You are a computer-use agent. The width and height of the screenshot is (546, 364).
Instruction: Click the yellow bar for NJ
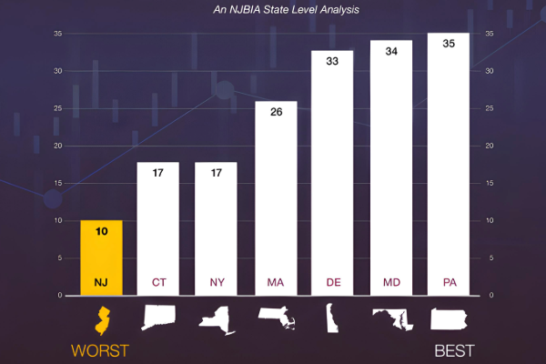click(x=101, y=258)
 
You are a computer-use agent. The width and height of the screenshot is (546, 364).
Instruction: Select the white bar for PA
click(x=449, y=164)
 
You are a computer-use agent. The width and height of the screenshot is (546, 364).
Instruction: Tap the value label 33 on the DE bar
click(x=332, y=61)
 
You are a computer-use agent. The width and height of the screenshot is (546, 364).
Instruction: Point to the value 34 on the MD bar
click(x=390, y=51)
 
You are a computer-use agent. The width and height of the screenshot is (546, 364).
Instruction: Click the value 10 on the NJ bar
click(x=101, y=231)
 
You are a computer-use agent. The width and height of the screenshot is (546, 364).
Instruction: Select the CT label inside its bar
click(x=158, y=282)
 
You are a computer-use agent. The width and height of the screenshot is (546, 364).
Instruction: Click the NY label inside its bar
click(x=217, y=282)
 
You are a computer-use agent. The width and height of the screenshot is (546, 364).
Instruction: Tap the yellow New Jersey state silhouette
click(x=102, y=319)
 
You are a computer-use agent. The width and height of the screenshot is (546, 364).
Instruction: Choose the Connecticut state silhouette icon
click(x=159, y=318)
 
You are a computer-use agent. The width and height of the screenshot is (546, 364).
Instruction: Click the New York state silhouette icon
click(x=217, y=318)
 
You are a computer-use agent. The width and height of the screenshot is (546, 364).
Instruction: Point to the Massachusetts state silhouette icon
click(x=276, y=318)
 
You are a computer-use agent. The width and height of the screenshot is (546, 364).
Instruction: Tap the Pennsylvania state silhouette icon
click(x=449, y=318)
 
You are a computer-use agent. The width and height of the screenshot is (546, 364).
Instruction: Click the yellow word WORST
click(x=100, y=350)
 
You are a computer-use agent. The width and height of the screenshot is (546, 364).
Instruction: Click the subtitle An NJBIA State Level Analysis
click(x=273, y=11)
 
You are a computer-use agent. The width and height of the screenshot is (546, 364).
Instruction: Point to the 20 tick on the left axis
click(x=57, y=146)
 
